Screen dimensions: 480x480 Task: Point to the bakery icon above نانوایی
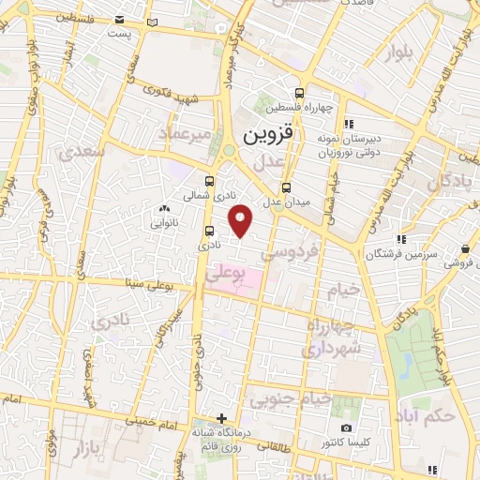pyautogui.click(x=165, y=209)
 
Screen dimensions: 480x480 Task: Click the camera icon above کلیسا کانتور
pyautogui.click(x=346, y=428)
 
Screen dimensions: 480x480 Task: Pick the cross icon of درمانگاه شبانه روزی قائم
pyautogui.click(x=221, y=418)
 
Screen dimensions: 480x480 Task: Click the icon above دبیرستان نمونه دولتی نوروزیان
pyautogui.click(x=348, y=123)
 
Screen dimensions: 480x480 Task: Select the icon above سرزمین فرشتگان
pyautogui.click(x=400, y=239)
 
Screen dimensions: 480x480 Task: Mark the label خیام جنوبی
pyautogui.click(x=291, y=400)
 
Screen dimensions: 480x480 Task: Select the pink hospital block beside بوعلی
pyautogui.click(x=246, y=280)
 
